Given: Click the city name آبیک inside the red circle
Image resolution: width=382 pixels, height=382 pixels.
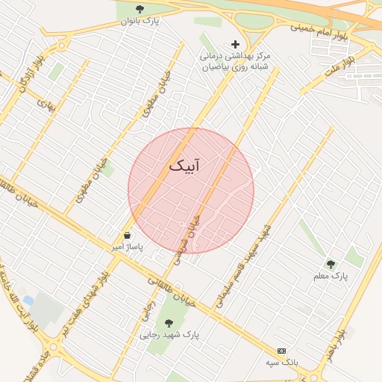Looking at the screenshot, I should pos(184,165).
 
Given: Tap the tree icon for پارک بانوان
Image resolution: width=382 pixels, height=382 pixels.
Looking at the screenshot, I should pos(140,9).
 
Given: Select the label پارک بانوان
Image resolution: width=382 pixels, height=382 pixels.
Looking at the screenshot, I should pos(140,22).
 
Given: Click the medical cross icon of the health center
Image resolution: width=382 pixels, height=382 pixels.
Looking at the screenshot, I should pos(236,44).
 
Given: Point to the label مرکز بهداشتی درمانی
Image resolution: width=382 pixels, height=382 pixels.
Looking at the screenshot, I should pos(236,56).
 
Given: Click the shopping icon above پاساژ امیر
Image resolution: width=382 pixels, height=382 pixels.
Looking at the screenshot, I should pos(128,235).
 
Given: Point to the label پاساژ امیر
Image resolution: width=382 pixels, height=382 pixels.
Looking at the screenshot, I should pos(128,245).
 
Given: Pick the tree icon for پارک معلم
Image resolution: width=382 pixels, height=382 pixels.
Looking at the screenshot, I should pos(331,264).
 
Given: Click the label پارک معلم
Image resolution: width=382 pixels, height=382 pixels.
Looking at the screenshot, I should pos(331,277).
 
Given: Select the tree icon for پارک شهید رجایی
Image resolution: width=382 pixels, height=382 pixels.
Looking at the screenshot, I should pos(169,323).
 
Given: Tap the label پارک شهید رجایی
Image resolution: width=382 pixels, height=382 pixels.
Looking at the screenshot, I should pos(170,335).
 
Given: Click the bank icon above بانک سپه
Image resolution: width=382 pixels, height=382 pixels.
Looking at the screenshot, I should pos(281,351).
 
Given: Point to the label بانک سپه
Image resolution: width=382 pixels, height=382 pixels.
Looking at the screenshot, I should pos(281,363).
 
